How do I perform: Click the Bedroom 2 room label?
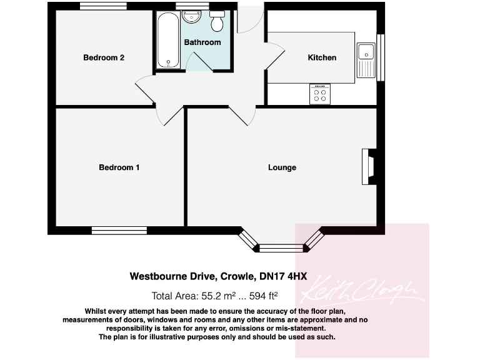104,57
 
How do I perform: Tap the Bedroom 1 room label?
119,167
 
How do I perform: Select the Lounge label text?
282,167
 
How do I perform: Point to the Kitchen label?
322,57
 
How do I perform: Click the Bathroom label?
202,42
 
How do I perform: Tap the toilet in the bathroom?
217,22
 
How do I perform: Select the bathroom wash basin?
192,17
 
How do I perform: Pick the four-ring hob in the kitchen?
320,94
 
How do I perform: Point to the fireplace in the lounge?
369,167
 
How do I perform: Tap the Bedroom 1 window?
119,231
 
